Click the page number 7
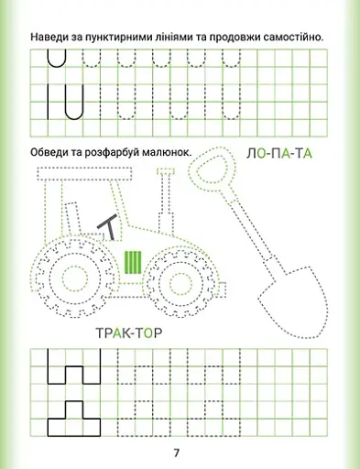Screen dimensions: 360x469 tap(176, 453)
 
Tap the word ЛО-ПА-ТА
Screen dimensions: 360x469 tap(279, 154)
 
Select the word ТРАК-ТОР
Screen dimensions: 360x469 tap(129, 333)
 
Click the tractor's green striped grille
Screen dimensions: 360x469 tap(133, 262)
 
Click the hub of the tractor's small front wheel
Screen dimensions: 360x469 tap(180, 283)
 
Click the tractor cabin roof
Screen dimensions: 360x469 tap(85, 174)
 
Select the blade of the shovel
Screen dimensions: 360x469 tap(291, 302)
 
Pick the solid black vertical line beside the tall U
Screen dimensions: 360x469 tap(48, 102)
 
